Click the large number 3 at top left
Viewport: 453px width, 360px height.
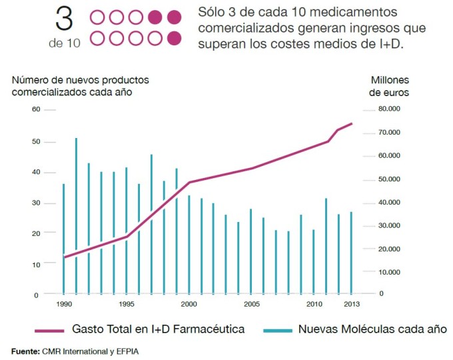pyautogui.click(x=64, y=20)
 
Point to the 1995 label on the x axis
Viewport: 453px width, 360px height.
pyautogui.click(x=126, y=304)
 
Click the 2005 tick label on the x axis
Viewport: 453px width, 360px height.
pyautogui.click(x=250, y=304)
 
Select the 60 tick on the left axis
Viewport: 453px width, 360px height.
pyautogui.click(x=36, y=109)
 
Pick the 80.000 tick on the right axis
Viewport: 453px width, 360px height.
pyautogui.click(x=390, y=109)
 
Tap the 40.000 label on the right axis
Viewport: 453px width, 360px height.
pyautogui.click(x=390, y=202)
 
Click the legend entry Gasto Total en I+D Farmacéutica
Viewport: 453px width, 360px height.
pyautogui.click(x=158, y=329)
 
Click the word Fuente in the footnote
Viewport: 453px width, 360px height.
pyautogui.click(x=25, y=350)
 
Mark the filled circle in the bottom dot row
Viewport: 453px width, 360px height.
pyautogui.click(x=175, y=38)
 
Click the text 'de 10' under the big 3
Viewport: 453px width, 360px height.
pyautogui.click(x=64, y=43)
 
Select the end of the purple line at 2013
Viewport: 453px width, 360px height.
pyautogui.click(x=352, y=123)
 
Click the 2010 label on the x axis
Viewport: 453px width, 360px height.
pyautogui.click(x=314, y=304)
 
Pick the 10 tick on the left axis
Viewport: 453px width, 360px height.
pyautogui.click(x=36, y=264)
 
